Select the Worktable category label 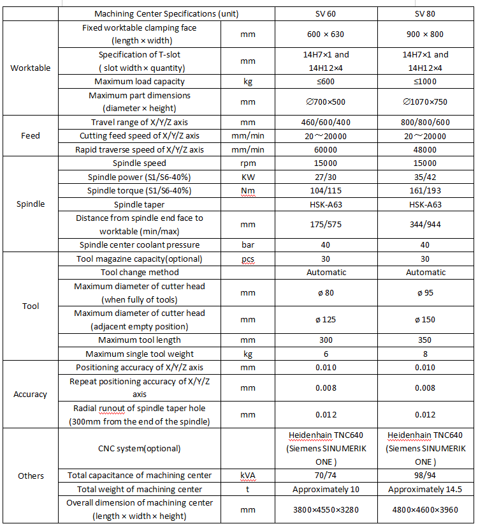31,68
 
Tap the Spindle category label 31,204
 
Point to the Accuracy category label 31,394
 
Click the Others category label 31,476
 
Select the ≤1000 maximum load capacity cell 425,81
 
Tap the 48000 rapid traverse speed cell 425,149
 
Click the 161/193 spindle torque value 425,190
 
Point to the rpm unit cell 248,163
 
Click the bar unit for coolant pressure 248,244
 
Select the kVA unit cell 248,476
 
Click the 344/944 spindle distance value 425,224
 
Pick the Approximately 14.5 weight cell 425,489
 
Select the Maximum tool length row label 140,340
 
